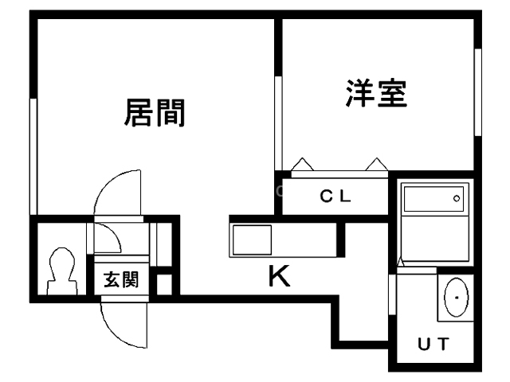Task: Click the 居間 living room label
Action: click(155, 113)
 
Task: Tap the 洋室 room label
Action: click(377, 93)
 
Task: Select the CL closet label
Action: click(335, 196)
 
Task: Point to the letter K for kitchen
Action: click(280, 276)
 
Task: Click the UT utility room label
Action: click(433, 344)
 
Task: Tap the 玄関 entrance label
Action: click(121, 279)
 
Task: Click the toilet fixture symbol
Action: click(62, 271)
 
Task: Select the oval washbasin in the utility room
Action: click(456, 297)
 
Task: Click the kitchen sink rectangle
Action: click(252, 240)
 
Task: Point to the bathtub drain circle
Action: click(457, 198)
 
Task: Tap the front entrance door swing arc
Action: click(119, 331)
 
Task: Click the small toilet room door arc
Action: click(112, 235)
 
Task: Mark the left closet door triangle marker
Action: click(303, 165)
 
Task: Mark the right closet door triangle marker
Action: click(377, 165)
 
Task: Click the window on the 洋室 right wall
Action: click(478, 92)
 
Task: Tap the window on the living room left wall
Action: click(33, 156)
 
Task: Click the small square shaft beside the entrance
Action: click(164, 285)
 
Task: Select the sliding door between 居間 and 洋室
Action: click(278, 123)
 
